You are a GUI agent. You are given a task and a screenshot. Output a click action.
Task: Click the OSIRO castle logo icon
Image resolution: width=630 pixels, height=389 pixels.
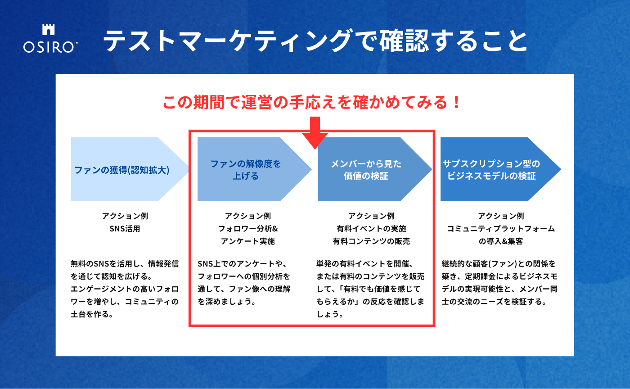tap(48, 30)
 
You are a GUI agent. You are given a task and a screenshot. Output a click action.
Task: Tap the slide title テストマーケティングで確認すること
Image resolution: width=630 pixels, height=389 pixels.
tap(315, 42)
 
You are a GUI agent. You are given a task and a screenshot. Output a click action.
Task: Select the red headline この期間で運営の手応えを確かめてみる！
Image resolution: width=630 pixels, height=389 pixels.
tap(312, 102)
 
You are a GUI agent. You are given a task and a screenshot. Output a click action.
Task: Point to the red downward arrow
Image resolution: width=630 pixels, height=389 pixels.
tap(315, 131)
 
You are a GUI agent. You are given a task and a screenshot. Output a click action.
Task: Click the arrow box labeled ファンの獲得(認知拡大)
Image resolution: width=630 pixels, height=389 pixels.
tap(124, 170)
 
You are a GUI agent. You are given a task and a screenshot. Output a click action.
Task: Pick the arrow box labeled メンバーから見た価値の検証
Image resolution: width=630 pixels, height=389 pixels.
tap(367, 169)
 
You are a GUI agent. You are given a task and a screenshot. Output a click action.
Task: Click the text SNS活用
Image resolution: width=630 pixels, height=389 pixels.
tap(125, 228)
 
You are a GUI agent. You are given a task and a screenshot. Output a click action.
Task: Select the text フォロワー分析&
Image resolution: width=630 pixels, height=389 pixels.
tap(247, 228)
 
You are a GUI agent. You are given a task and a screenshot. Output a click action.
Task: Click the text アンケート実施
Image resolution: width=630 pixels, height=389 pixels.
tap(247, 241)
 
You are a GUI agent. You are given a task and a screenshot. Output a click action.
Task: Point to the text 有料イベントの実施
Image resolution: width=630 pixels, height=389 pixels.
tap(371, 228)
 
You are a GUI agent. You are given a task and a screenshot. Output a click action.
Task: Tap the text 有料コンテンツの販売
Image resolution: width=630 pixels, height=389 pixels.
tap(371, 241)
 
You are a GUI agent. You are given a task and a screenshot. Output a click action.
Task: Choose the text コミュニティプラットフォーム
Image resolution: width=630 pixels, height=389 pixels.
tap(501, 228)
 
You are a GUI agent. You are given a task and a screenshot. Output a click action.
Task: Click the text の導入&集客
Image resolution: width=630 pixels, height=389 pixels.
tap(501, 241)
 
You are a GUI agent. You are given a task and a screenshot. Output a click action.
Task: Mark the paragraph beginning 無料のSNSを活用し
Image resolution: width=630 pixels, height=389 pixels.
tap(125, 289)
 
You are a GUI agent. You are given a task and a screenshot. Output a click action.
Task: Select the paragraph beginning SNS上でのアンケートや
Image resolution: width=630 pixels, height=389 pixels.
tap(245, 282)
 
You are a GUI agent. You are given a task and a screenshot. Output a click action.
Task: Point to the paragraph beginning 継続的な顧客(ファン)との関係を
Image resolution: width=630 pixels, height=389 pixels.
tap(499, 282)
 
